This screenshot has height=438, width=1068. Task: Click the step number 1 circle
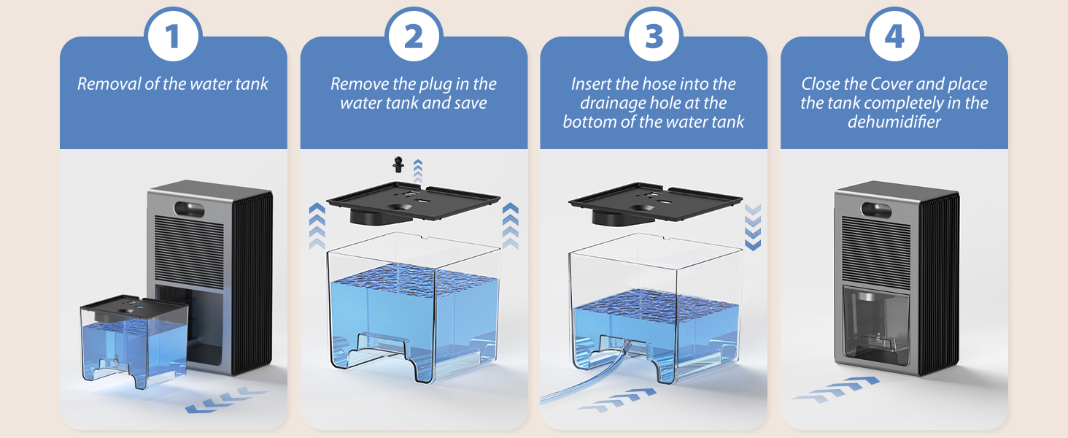click(x=173, y=36)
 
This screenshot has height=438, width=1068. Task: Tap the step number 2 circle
click(x=414, y=36)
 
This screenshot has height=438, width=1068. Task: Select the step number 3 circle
click(x=654, y=36)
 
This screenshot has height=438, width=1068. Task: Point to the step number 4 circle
click(x=894, y=36)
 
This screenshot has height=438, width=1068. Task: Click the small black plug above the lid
click(x=398, y=164)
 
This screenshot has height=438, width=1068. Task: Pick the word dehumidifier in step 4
click(x=894, y=122)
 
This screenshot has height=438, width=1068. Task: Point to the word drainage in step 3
click(x=613, y=104)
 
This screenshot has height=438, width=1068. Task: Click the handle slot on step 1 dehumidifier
click(x=189, y=209)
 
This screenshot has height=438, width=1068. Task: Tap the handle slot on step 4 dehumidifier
click(x=876, y=210)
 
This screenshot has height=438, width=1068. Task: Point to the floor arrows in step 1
click(x=226, y=399)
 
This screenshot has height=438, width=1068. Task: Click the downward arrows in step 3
click(x=753, y=227)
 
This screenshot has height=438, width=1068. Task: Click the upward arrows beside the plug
click(x=418, y=171)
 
